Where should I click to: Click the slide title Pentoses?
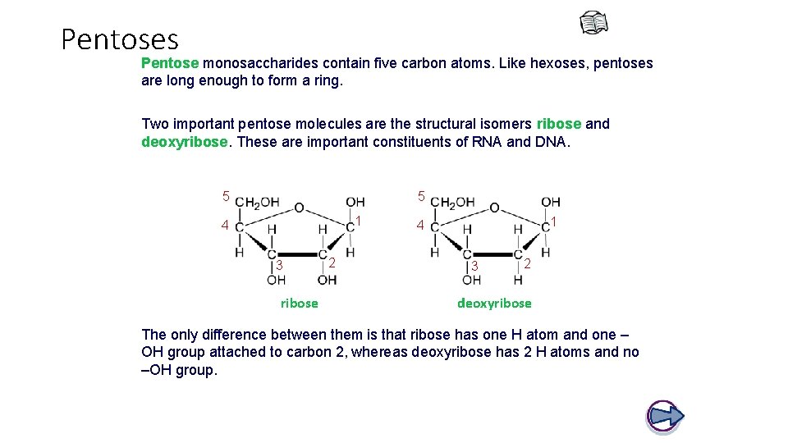click(120, 39)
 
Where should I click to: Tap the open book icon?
click(594, 24)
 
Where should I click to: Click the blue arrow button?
click(665, 416)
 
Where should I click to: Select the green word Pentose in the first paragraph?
click(170, 63)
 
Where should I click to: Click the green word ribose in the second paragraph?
click(558, 124)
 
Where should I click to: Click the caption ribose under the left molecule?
click(299, 303)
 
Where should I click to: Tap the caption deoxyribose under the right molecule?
click(494, 303)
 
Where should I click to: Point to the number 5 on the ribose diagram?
click(226, 195)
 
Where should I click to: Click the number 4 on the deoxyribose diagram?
click(419, 225)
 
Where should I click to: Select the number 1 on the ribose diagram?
click(359, 221)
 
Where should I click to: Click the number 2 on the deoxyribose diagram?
click(527, 264)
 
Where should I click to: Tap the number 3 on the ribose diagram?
click(279, 265)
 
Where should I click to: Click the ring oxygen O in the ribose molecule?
click(299, 208)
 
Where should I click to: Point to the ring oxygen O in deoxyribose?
click(493, 208)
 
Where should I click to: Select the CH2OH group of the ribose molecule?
click(258, 203)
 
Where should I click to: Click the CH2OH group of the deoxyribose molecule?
click(453, 203)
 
